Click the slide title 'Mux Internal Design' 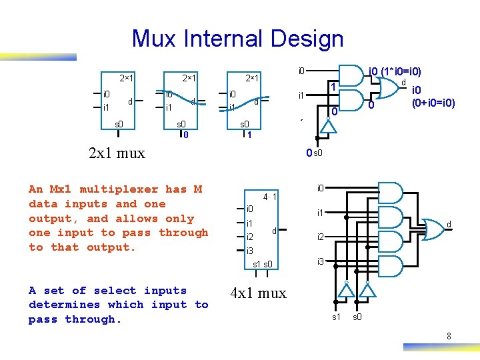click(237, 39)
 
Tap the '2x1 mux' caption click(117, 153)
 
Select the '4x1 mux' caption click(258, 293)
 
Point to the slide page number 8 click(449, 337)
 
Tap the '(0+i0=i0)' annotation click(433, 103)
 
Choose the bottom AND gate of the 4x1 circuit click(391, 267)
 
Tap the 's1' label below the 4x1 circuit click(336, 317)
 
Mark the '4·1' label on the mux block click(270, 197)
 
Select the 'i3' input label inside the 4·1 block click(250, 251)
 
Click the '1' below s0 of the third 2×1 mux click(249, 135)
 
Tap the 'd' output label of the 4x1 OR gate click(449, 225)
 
